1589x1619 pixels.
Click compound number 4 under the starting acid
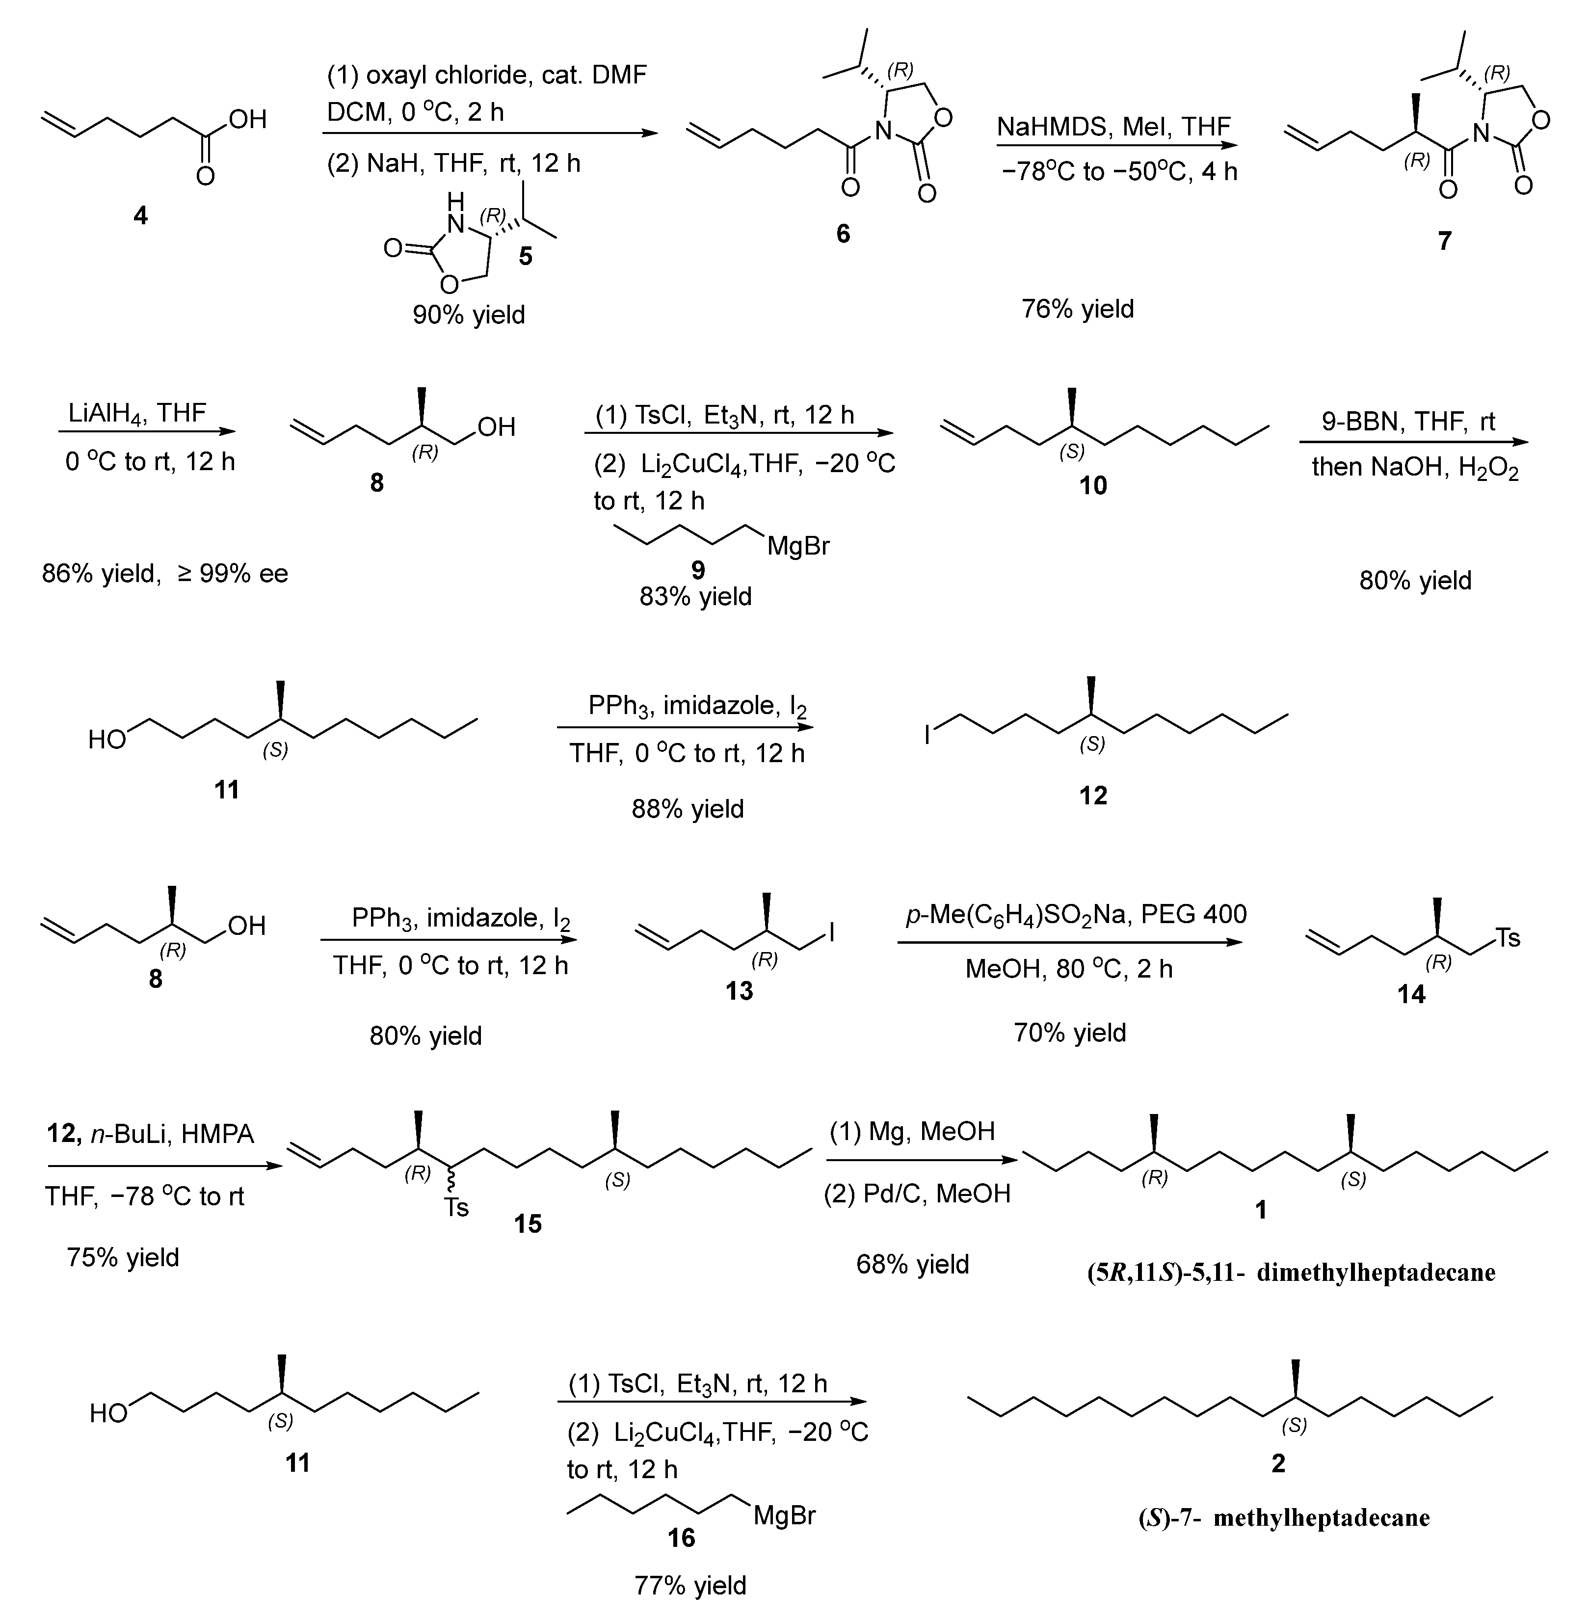click(x=140, y=216)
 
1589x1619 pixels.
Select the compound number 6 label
click(x=843, y=234)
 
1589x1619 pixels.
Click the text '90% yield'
click(x=468, y=316)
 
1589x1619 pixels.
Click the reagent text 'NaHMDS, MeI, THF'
click(x=1113, y=127)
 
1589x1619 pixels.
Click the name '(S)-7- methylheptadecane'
click(x=1284, y=1517)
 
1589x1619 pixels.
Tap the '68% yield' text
click(x=912, y=1264)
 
